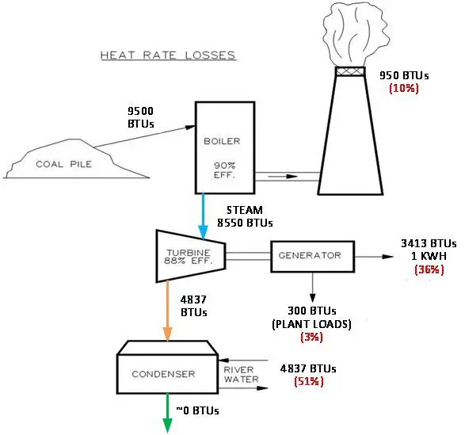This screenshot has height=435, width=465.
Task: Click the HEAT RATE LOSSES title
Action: pyautogui.click(x=168, y=55)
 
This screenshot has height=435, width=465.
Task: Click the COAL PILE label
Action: pyautogui.click(x=63, y=164)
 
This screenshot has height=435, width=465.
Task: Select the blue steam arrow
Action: pyautogui.click(x=203, y=216)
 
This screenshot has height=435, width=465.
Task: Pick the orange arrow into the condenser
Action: pyautogui.click(x=168, y=311)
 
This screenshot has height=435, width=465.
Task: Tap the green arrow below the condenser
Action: pyautogui.click(x=168, y=413)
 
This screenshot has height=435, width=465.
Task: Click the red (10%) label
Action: pyautogui.click(x=404, y=88)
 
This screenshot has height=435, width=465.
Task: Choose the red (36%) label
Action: pyautogui.click(x=429, y=269)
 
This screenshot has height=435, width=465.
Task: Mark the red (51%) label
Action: pyautogui.click(x=309, y=381)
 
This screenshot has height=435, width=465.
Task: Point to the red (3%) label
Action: pyautogui.click(x=311, y=337)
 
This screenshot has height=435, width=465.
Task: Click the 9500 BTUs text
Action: pyautogui.click(x=140, y=117)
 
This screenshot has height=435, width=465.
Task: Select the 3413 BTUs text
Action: pyautogui.click(x=429, y=243)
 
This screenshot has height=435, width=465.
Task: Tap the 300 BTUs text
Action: pyautogui.click(x=311, y=311)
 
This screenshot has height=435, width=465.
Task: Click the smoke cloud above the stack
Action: pyautogui.click(x=356, y=34)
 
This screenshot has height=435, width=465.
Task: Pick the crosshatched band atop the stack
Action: pyautogui.click(x=350, y=71)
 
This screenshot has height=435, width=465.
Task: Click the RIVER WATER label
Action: pyautogui.click(x=241, y=375)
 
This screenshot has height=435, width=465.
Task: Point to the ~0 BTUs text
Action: pyautogui.click(x=197, y=410)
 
